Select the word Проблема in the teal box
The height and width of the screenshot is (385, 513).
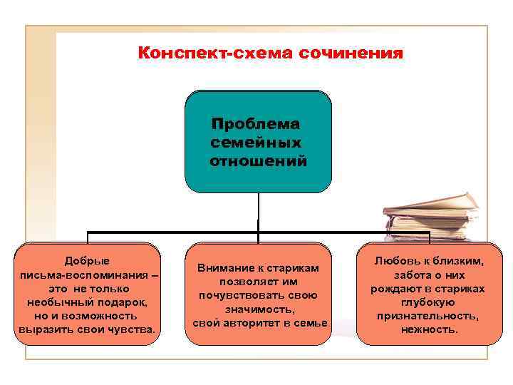coord(257,123)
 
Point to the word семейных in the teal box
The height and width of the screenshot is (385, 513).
coord(256,142)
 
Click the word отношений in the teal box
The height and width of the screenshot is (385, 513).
coord(259,161)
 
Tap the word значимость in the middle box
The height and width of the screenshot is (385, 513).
coord(259,309)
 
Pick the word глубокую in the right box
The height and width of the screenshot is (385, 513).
coord(428,302)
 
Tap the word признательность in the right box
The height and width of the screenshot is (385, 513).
coord(427,316)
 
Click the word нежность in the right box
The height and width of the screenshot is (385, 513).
coord(428,329)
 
